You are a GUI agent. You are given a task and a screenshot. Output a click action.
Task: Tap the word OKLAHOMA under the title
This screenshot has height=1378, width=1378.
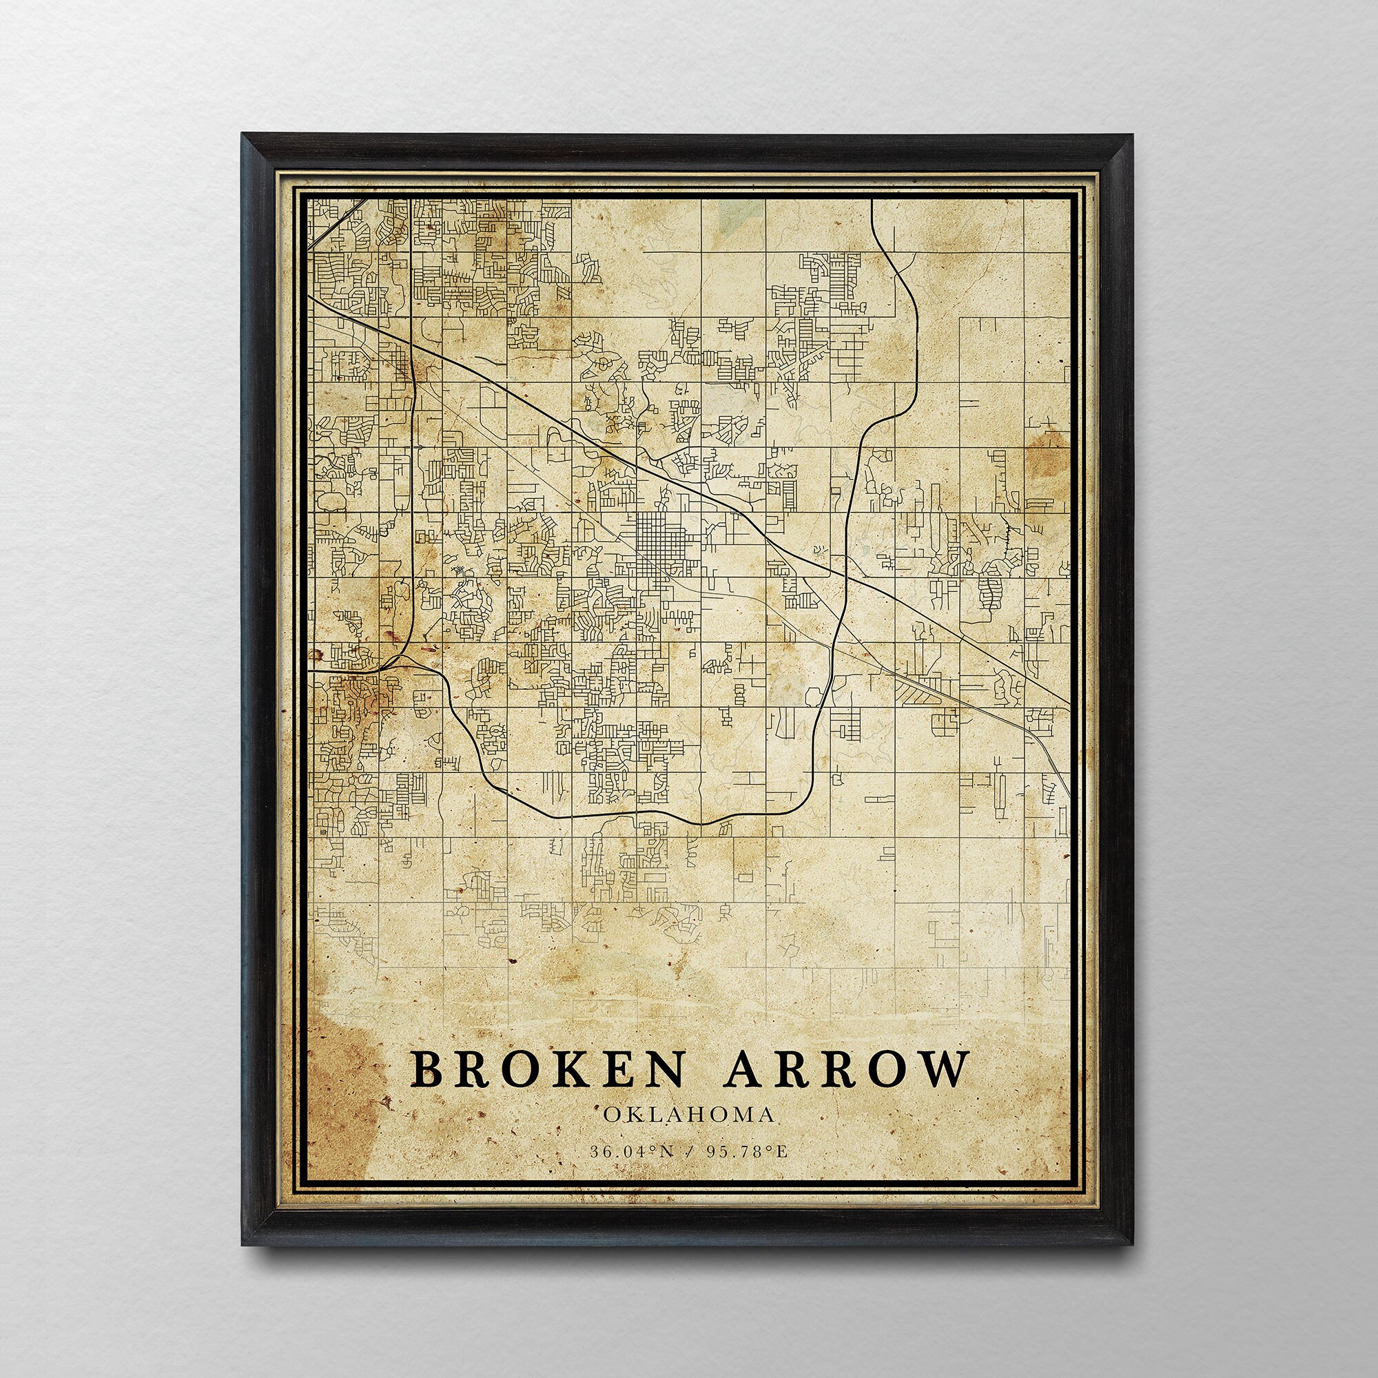pyautogui.click(x=688, y=1135)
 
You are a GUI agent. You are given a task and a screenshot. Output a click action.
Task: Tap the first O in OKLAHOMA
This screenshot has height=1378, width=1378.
pyautogui.click(x=610, y=1135)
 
